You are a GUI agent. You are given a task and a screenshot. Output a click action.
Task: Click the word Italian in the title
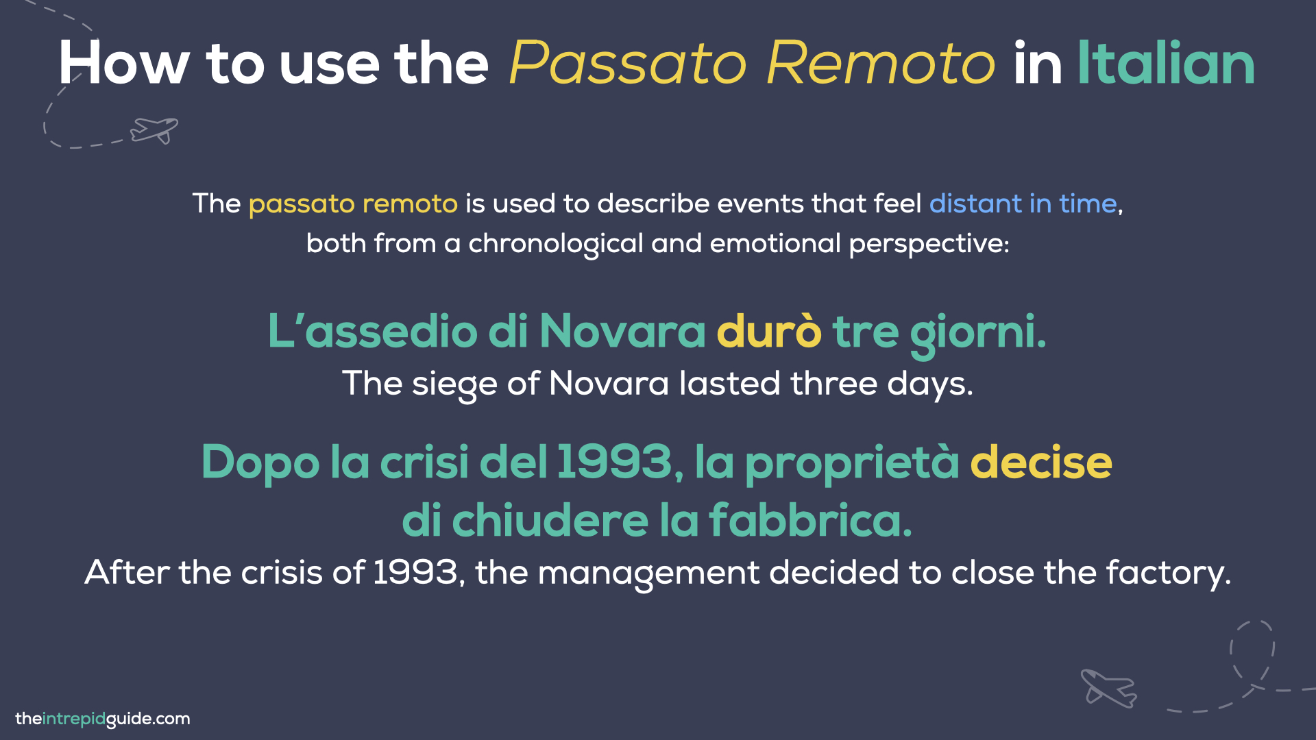(x=1166, y=64)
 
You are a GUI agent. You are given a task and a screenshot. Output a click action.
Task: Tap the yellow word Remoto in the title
(x=881, y=64)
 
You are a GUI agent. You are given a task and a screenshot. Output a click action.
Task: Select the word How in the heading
(x=124, y=64)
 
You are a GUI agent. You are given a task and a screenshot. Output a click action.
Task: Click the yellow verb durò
(x=768, y=332)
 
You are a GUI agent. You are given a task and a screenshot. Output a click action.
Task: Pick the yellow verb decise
(x=1040, y=463)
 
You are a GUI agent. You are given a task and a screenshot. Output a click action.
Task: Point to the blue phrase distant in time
(x=1023, y=203)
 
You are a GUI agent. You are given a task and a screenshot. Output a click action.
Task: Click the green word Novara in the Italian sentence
(x=622, y=332)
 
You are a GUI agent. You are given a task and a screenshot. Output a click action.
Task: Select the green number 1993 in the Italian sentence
(x=614, y=463)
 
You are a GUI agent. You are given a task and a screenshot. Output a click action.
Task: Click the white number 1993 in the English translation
(x=415, y=573)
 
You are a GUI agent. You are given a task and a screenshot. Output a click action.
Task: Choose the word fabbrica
(x=809, y=521)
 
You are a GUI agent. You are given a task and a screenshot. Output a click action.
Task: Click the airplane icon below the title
(x=155, y=129)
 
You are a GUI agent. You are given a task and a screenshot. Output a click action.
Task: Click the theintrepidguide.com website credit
(x=103, y=719)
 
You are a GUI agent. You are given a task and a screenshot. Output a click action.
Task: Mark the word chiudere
(x=550, y=521)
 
